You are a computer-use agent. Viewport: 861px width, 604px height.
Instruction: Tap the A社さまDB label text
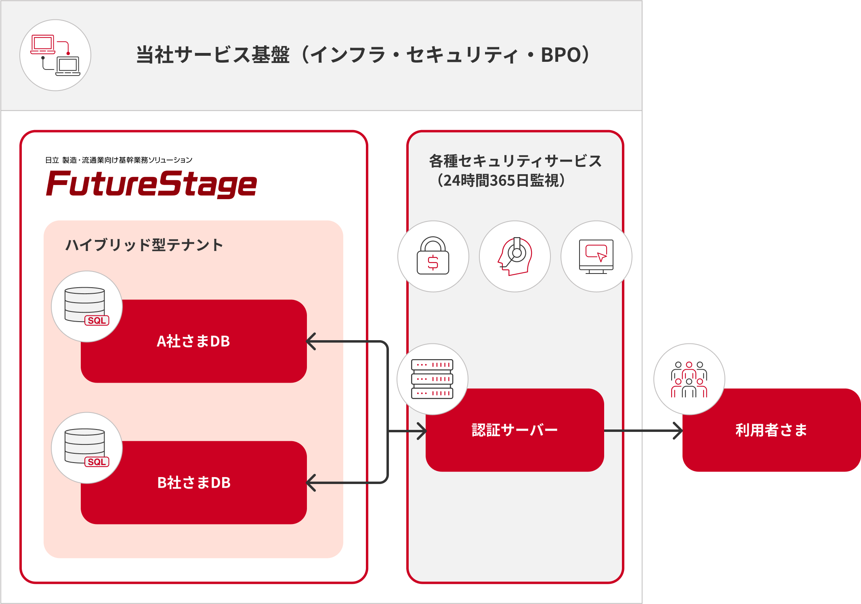[193, 341]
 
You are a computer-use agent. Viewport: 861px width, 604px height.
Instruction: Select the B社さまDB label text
[194, 483]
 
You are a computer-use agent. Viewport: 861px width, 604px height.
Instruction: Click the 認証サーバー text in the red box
[514, 430]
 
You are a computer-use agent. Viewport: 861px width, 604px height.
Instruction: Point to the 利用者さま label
[771, 430]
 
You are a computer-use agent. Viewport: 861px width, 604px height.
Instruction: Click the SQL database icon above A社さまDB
[86, 306]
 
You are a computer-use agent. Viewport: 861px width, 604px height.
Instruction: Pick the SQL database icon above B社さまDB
[86, 448]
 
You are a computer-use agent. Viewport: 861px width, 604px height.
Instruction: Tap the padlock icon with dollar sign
[433, 256]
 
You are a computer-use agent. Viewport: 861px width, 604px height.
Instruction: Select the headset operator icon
[514, 256]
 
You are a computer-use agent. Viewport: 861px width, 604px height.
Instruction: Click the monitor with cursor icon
[596, 256]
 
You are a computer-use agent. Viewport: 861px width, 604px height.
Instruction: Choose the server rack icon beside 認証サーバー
[432, 379]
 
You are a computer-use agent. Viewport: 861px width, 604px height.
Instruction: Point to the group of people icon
[689, 379]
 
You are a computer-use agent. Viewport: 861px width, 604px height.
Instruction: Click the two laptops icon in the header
[55, 55]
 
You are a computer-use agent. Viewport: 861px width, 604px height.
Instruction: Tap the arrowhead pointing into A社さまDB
[311, 341]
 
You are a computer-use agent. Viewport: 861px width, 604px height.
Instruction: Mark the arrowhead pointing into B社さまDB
[311, 483]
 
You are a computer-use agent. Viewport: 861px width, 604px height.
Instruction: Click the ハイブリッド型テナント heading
[144, 245]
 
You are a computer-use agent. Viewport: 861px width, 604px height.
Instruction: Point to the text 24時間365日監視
[501, 181]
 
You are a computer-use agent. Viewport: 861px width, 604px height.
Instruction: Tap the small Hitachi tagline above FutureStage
[118, 160]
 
